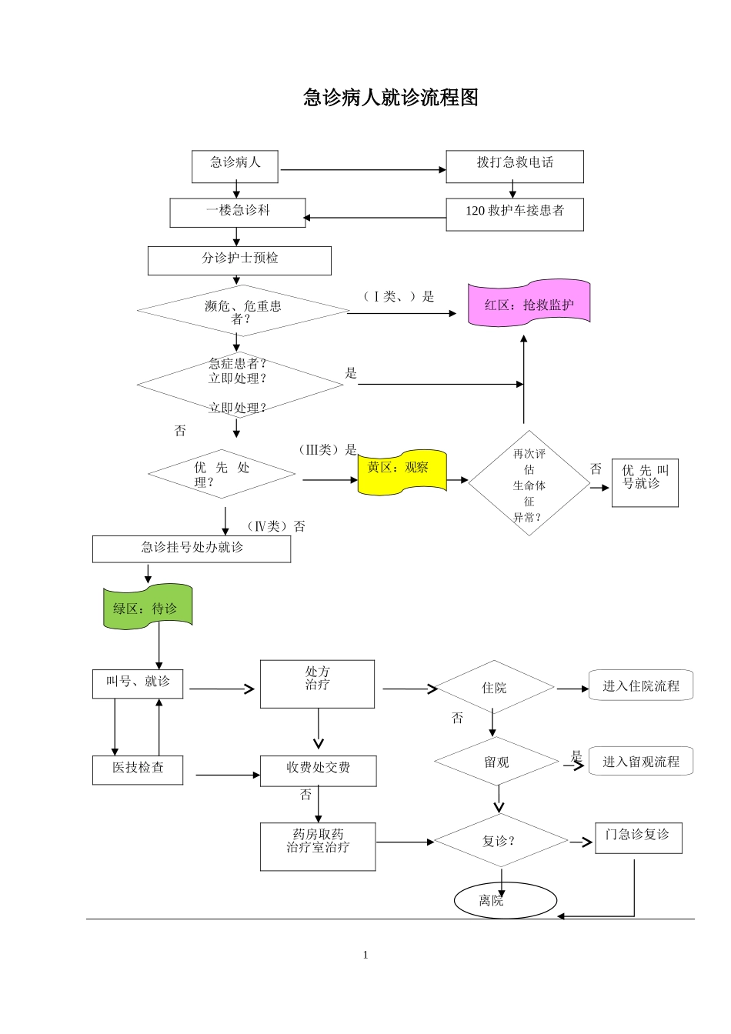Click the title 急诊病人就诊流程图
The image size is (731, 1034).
point(391,98)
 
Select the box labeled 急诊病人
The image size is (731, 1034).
point(235,166)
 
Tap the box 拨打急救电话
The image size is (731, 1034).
point(514,166)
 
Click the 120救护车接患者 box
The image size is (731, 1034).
point(514,214)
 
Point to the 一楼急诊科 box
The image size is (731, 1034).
point(238,212)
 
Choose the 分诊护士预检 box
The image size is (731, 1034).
point(239,260)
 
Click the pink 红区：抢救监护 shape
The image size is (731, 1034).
point(529,304)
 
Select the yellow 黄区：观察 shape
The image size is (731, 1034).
point(401,470)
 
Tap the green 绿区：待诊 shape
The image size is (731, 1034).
point(147,607)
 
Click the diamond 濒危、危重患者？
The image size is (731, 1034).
point(242,311)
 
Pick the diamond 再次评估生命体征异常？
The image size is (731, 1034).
point(529,484)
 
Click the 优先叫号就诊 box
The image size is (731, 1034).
point(645,482)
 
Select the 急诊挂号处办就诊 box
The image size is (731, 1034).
point(192,549)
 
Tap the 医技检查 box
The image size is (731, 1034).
point(138,769)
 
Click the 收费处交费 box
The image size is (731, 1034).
point(318,770)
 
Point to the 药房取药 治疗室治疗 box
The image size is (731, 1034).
point(317,846)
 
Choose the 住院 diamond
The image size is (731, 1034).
point(494,687)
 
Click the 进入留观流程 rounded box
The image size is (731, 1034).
point(640,761)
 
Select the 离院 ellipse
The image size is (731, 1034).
point(505,900)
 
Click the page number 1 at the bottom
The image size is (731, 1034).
point(365,955)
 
